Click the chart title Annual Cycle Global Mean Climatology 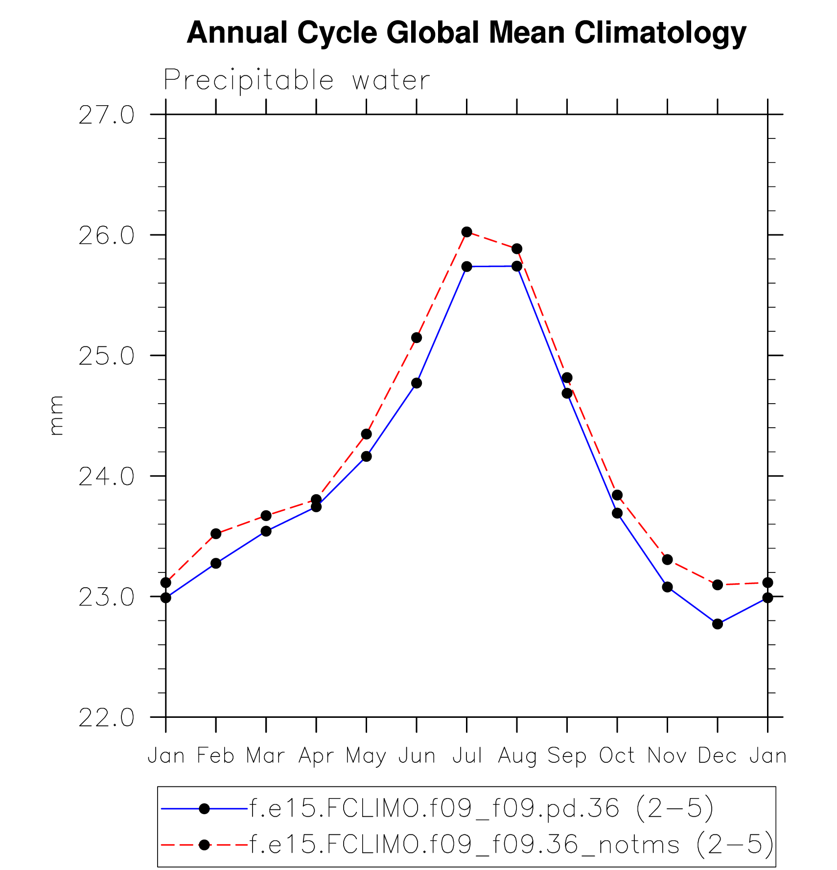click(x=466, y=33)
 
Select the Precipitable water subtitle click(x=297, y=80)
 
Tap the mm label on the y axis click(x=56, y=415)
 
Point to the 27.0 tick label click(x=106, y=115)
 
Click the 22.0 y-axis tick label click(x=106, y=718)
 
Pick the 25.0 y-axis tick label click(x=106, y=356)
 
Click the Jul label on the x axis click(x=467, y=756)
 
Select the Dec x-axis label click(x=717, y=756)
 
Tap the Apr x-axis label click(x=316, y=756)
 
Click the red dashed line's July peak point click(x=466, y=232)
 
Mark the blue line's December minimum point click(x=718, y=624)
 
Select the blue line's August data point click(x=517, y=266)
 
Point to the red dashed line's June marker click(x=417, y=338)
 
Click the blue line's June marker click(x=417, y=383)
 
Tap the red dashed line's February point click(x=216, y=534)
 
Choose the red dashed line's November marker click(x=667, y=559)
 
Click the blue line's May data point click(x=366, y=457)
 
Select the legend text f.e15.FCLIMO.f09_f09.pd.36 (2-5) click(x=482, y=808)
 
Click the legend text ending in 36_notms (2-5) click(x=511, y=845)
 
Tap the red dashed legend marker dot click(x=205, y=845)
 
